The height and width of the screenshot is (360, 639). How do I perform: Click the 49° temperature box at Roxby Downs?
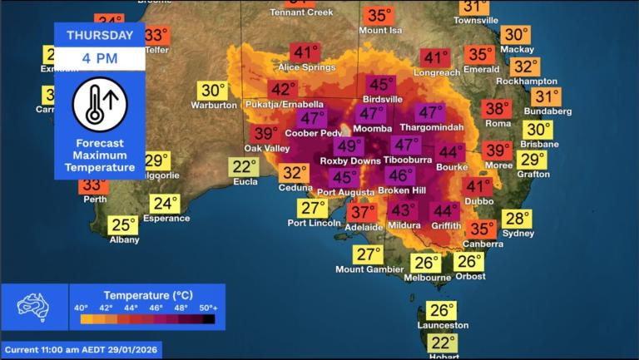[349, 146]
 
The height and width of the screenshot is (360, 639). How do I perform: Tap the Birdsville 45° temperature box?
[381, 85]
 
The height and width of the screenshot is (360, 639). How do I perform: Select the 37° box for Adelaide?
[363, 213]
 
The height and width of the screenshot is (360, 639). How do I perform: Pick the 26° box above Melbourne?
[426, 264]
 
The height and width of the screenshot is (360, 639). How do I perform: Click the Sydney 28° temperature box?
[517, 219]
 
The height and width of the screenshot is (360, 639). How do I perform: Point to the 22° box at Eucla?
[245, 167]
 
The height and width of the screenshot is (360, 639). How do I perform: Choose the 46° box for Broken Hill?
[400, 175]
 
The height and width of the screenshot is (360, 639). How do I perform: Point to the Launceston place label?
[441, 325]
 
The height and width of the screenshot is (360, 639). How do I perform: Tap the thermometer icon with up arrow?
[100, 103]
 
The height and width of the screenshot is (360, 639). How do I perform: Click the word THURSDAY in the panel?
[100, 35]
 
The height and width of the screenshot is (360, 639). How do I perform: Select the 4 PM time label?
[100, 59]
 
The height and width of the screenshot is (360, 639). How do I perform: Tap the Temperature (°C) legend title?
[142, 295]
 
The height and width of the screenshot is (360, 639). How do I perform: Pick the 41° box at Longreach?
[434, 58]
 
